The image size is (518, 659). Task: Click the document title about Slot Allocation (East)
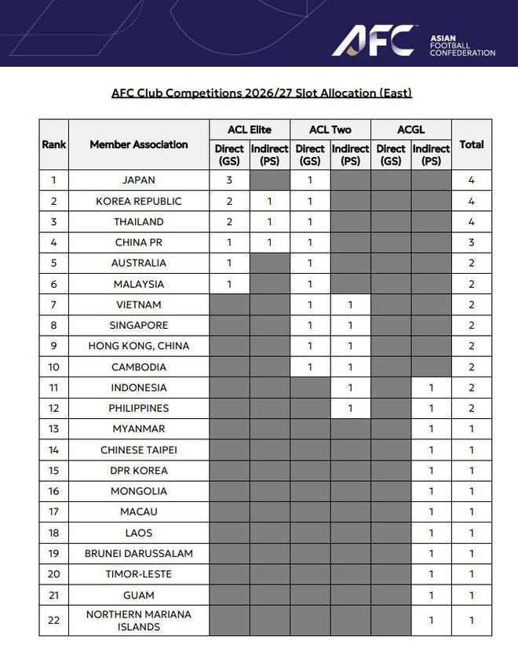click(x=261, y=93)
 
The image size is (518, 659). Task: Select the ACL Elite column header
click(x=249, y=129)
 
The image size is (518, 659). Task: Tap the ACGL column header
click(x=410, y=129)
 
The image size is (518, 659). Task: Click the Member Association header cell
click(x=139, y=144)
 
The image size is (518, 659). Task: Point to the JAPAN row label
click(x=139, y=180)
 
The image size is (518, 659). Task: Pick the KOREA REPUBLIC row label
click(x=139, y=201)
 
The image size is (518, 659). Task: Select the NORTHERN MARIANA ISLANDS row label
click(x=139, y=621)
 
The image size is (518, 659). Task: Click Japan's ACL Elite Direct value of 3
click(x=229, y=180)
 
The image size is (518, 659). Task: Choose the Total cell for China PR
click(x=472, y=242)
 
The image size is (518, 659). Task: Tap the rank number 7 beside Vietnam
click(x=54, y=304)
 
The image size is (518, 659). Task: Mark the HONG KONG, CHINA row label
click(x=139, y=346)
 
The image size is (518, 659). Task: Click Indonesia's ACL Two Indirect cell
click(x=350, y=388)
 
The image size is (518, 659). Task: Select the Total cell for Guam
click(x=472, y=595)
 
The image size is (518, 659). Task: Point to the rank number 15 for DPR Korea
click(x=54, y=471)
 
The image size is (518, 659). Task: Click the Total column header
click(x=472, y=144)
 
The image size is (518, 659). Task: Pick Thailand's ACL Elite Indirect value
click(x=269, y=221)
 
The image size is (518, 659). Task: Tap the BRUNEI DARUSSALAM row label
click(x=139, y=554)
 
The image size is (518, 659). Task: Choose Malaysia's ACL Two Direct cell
click(x=310, y=284)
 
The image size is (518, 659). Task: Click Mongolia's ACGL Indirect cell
click(x=431, y=491)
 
